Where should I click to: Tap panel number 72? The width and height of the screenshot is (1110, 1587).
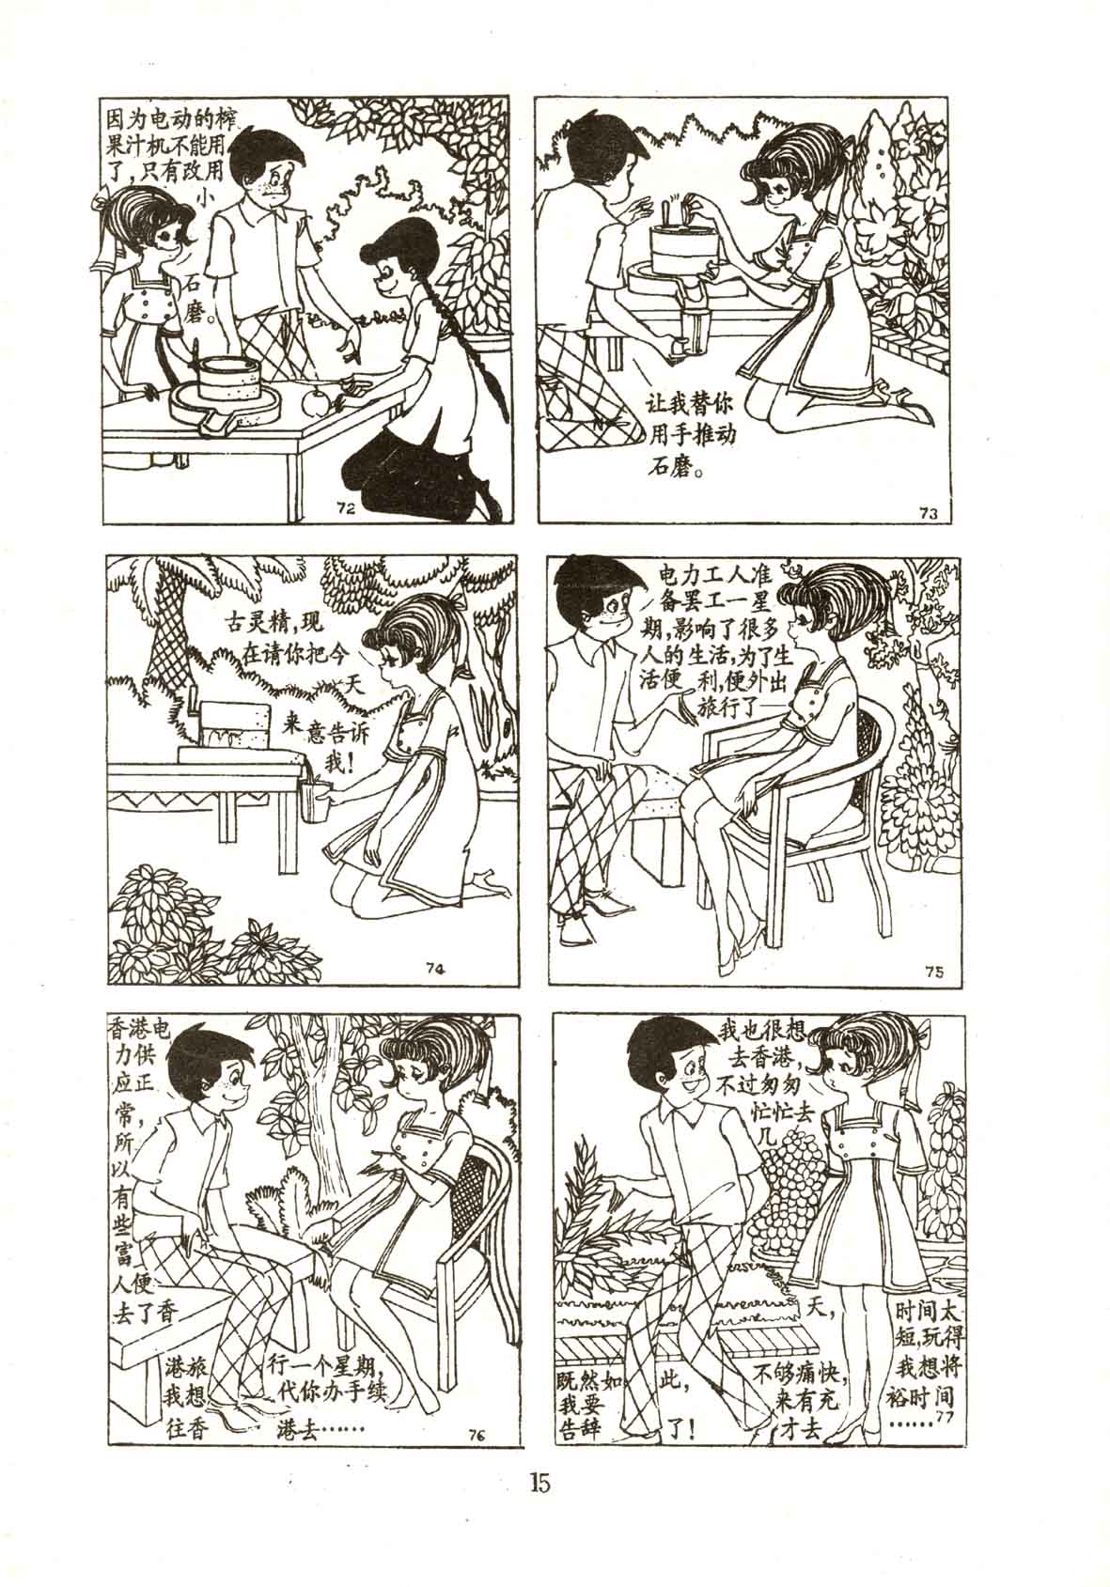coord(347,507)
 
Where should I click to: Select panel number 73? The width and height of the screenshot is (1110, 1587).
coord(929,514)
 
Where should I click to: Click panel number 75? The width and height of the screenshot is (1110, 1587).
coord(934,972)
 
